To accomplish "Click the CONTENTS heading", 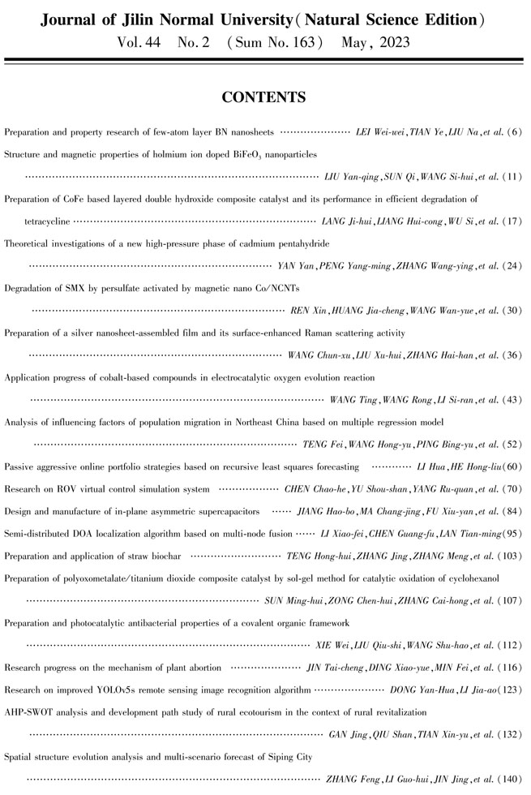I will point(264,98).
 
